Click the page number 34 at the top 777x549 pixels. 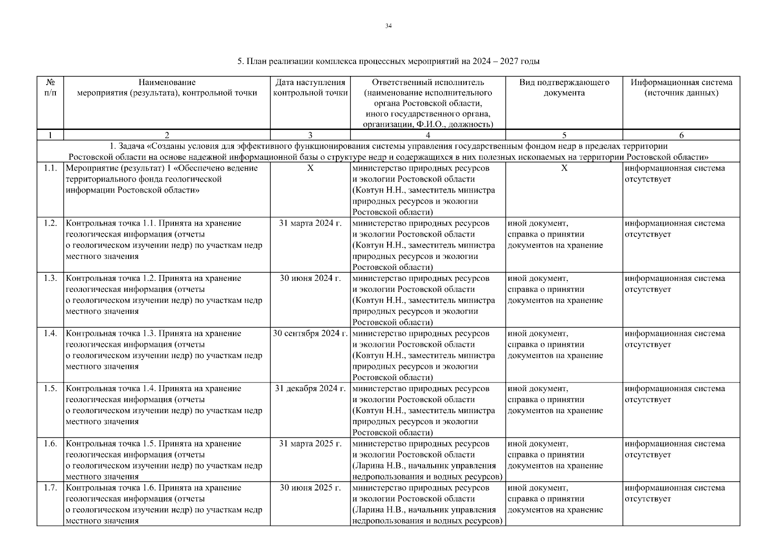pos(388,26)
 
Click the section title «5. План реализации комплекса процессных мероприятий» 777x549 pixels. pos(388,61)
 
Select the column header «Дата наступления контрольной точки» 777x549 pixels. pos(310,88)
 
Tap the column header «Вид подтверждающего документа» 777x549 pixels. pos(564,88)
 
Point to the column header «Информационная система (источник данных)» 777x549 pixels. pos(681,88)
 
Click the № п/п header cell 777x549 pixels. pos(50,88)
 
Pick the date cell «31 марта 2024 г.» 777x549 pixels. pos(310,223)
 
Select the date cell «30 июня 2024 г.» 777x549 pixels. pos(310,279)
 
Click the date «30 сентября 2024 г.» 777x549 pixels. pos(310,334)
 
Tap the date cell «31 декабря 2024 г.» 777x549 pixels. pos(310,389)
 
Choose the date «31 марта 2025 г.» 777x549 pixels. pos(310,444)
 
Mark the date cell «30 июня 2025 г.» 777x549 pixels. pos(310,488)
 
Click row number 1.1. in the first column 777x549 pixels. pos(50,168)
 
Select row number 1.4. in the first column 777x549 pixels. pos(50,334)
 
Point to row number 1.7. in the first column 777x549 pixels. pos(50,488)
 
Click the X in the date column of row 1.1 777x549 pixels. pos(310,168)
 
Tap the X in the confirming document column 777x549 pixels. pos(564,168)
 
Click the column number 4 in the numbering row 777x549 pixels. pos(427,135)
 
